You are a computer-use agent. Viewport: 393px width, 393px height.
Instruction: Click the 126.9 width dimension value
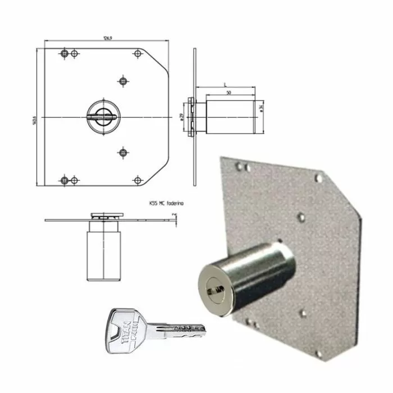(105, 39)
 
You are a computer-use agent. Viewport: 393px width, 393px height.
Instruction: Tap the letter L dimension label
(225, 84)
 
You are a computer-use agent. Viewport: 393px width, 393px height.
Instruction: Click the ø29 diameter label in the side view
(181, 117)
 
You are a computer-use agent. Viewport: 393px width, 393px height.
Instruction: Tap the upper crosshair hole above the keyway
(123, 81)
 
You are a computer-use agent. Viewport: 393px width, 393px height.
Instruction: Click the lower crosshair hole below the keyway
(123, 152)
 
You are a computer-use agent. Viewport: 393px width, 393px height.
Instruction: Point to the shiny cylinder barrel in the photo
(247, 270)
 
